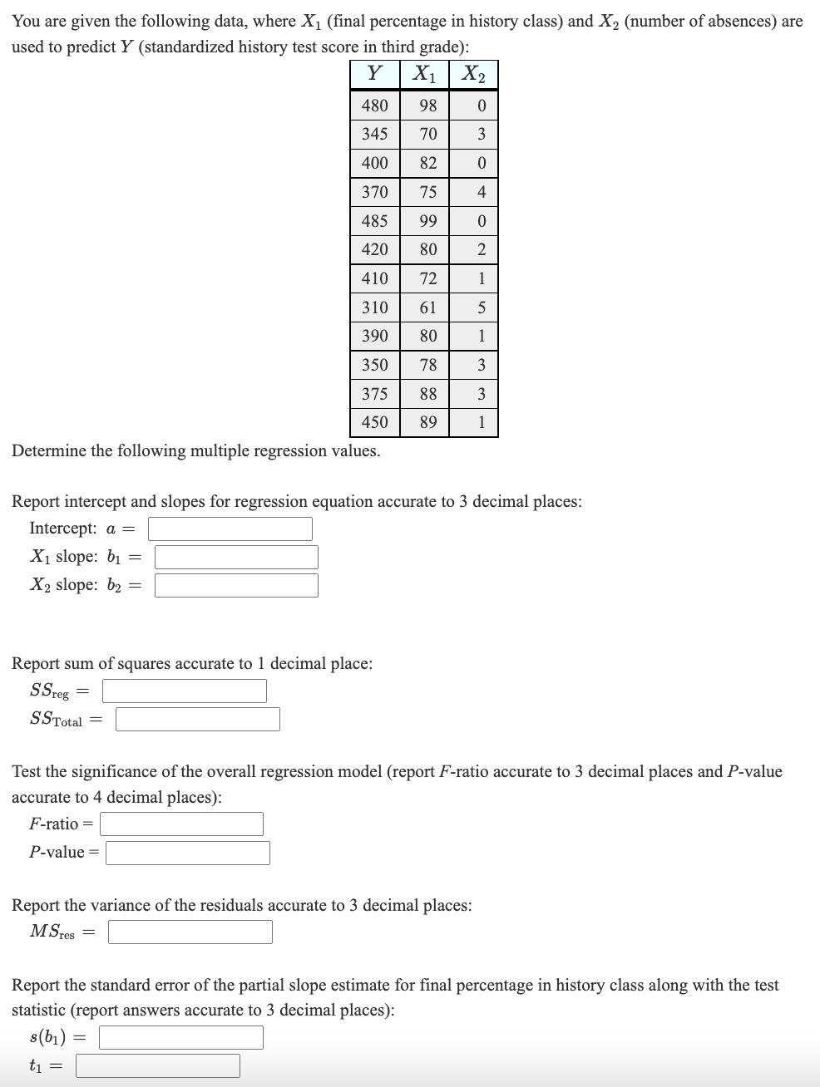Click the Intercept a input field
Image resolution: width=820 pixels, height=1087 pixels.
click(230, 529)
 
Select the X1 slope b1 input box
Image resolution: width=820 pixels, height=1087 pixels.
click(236, 557)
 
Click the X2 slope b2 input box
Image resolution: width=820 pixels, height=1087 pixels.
click(236, 585)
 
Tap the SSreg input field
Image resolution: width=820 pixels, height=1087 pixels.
click(185, 691)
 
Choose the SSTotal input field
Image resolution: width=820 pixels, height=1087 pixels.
click(198, 719)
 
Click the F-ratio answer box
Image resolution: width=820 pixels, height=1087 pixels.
click(181, 824)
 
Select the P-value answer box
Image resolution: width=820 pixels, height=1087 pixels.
click(188, 853)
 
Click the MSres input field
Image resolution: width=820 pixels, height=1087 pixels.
click(190, 932)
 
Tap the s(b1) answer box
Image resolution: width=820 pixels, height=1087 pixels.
click(181, 1037)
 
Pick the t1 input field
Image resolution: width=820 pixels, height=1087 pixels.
click(158, 1065)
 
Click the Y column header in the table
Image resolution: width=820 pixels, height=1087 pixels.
click(375, 74)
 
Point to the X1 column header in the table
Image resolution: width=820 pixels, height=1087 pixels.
click(425, 74)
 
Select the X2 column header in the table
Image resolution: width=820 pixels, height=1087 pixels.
click(474, 74)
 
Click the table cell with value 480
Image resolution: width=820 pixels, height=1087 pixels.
click(375, 106)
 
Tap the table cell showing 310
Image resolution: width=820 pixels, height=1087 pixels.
click(375, 307)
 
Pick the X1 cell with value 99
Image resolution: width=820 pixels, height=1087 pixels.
click(427, 221)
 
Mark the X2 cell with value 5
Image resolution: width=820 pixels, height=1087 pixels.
click(482, 307)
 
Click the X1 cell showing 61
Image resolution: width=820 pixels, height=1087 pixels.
click(427, 307)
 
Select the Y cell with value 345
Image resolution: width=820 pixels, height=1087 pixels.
click(375, 134)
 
